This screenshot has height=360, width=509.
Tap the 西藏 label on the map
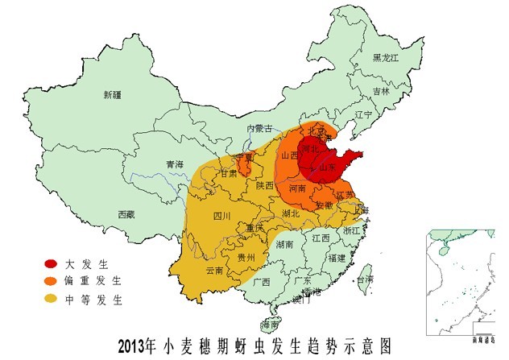(x=126, y=214)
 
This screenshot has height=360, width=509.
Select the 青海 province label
(x=175, y=164)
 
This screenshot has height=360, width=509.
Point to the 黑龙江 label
(x=386, y=58)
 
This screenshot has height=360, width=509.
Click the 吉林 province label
(x=381, y=91)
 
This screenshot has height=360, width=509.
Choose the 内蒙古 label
(x=260, y=128)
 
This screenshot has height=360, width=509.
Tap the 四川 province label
(x=221, y=216)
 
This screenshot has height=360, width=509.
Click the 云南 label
(x=215, y=271)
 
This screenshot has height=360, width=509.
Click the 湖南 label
(x=284, y=244)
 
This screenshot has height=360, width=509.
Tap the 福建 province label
(x=337, y=258)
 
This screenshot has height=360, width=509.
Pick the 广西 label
(x=261, y=283)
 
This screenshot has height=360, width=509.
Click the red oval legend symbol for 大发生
(x=51, y=263)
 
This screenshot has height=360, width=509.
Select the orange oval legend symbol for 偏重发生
(x=51, y=281)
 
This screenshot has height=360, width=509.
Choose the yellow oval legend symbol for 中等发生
(x=51, y=300)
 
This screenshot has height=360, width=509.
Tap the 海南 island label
(x=271, y=325)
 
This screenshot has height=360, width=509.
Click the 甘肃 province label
(x=230, y=173)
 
